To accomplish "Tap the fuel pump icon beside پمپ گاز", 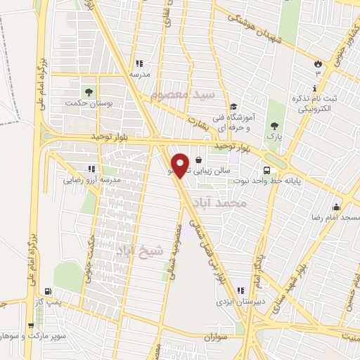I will [x=47, y=291].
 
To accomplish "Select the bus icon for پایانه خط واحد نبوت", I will [x=266, y=170].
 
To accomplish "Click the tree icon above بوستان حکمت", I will [x=89, y=91].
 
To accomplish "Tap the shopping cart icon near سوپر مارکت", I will [x=31, y=326].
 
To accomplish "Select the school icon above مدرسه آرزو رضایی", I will [x=91, y=169].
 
